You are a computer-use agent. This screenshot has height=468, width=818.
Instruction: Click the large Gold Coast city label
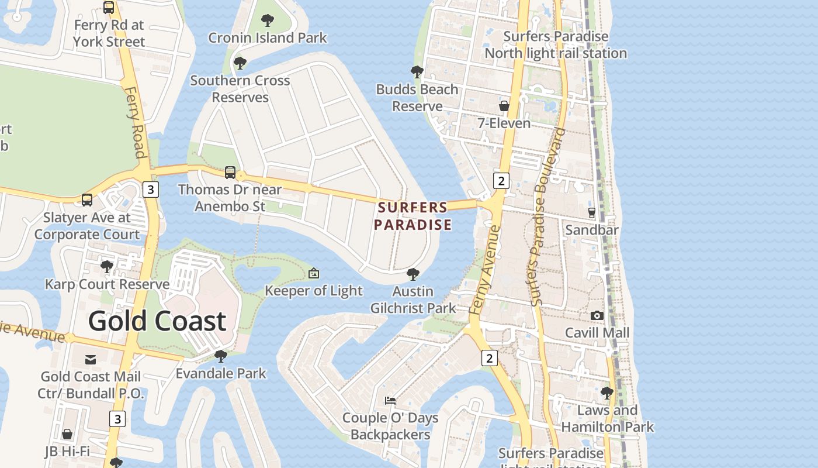point(157,321)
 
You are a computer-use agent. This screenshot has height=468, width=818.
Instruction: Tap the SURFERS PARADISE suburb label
point(413,216)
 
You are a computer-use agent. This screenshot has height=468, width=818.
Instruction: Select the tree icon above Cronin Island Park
point(268,21)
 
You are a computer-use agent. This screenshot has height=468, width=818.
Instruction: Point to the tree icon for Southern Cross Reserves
point(240,63)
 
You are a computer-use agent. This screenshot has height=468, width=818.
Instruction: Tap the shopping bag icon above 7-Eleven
point(504,106)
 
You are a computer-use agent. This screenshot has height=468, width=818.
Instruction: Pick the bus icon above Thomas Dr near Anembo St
point(230,173)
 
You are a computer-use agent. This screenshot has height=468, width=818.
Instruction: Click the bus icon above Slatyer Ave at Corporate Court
point(87,200)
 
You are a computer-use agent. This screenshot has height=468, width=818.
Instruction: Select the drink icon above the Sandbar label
point(591,212)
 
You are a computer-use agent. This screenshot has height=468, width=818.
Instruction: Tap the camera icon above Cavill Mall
point(597,316)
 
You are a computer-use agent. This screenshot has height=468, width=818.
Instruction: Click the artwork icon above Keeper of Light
point(314,273)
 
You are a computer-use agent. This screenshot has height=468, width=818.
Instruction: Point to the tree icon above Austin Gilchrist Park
point(413,274)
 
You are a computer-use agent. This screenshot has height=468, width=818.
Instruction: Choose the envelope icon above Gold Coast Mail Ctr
point(91,359)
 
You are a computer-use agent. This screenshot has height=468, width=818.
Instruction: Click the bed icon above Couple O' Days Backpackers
point(390,401)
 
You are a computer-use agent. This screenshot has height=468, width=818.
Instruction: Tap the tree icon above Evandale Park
point(221,356)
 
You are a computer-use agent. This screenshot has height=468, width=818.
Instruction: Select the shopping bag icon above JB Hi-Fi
point(67,434)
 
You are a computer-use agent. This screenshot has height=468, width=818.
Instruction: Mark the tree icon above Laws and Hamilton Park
point(607,393)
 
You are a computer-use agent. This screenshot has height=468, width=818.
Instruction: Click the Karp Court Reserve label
point(107,284)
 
